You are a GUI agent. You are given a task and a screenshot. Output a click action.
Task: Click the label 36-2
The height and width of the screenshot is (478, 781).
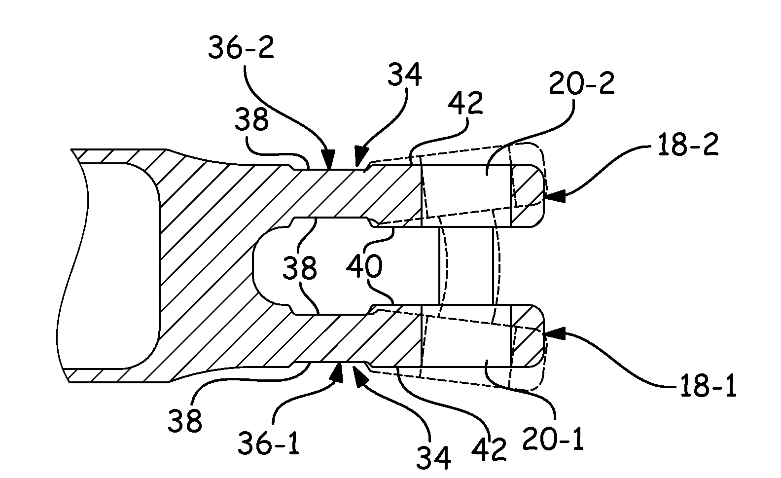coord(241,49)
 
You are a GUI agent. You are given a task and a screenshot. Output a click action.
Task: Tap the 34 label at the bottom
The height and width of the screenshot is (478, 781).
coord(433,458)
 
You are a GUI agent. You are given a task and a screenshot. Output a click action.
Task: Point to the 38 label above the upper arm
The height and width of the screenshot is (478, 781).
coord(251,120)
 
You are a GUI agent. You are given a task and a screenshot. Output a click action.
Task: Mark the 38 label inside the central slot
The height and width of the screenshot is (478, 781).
coord(299,269)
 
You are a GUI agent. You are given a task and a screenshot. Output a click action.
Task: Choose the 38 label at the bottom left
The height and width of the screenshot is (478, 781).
coord(185,421)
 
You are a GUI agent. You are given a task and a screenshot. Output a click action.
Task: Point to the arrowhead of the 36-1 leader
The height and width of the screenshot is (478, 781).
coord(338,368)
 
